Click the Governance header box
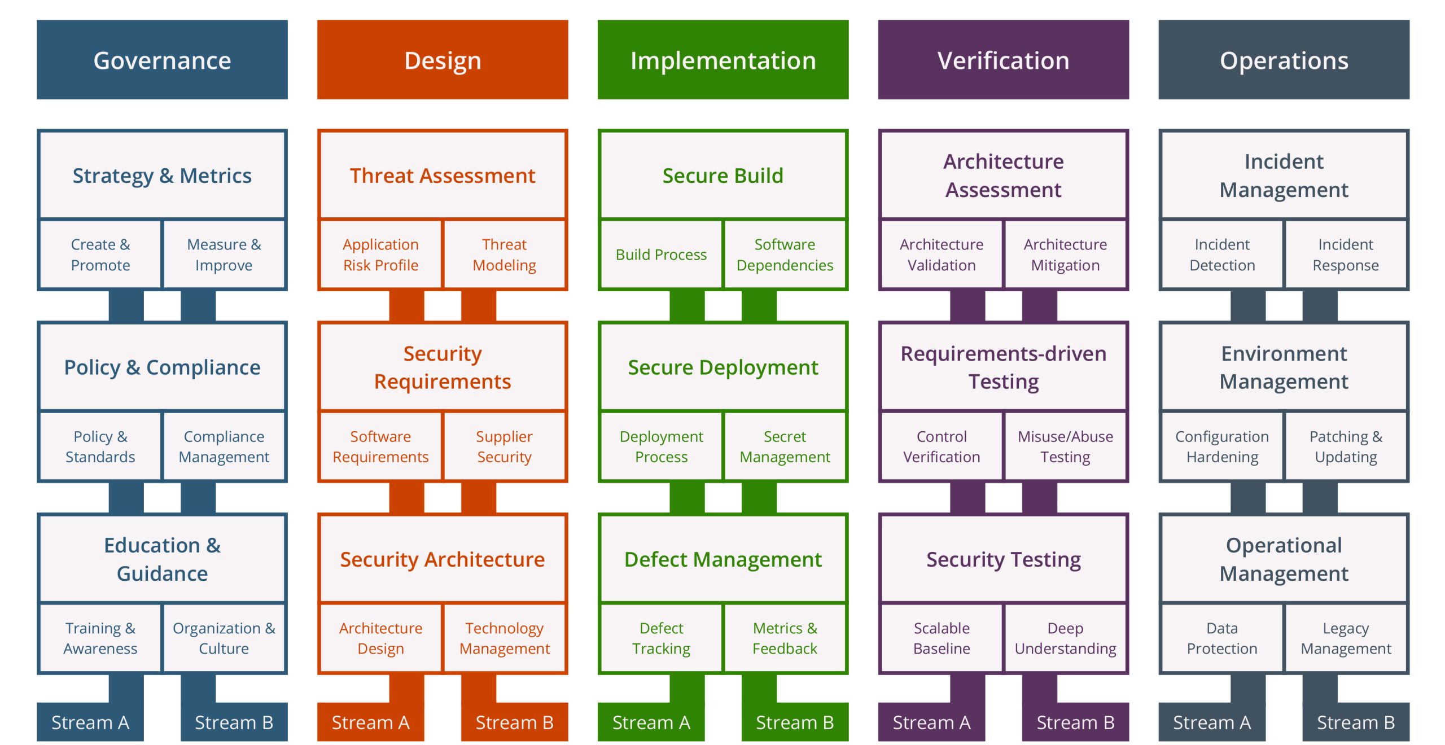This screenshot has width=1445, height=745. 162,60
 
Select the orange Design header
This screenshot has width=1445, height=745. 442,60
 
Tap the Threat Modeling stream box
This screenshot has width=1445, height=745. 504,255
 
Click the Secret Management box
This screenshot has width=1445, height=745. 785,446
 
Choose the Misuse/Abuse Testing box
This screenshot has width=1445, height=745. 1065,446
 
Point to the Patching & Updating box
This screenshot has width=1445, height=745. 1346,446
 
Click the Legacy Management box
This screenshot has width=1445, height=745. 1346,638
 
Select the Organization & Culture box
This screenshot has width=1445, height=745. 224,638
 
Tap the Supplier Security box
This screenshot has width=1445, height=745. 504,446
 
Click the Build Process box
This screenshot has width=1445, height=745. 661,255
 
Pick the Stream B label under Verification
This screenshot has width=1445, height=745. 1075,722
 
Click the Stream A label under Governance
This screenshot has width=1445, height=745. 90,722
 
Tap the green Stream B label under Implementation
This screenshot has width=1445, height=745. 795,722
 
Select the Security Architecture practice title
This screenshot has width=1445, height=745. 442,559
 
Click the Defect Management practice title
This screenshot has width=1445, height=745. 722,559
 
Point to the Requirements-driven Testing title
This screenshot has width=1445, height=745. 1003,367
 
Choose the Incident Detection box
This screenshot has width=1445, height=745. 1222,255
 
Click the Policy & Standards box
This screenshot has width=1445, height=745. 100,446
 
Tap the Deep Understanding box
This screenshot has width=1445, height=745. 1065,638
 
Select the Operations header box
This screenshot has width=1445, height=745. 1284,60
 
